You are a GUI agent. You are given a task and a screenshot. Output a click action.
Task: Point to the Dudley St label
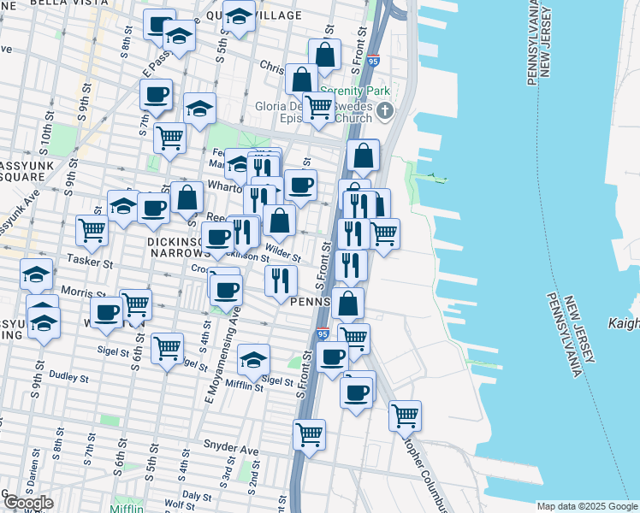(69, 375)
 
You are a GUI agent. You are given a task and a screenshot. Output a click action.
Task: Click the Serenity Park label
(354, 91)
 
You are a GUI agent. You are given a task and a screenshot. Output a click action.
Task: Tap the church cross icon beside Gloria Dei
(385, 109)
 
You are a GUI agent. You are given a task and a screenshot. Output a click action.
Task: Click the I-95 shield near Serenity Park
(372, 62)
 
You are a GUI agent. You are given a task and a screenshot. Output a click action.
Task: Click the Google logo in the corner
(27, 503)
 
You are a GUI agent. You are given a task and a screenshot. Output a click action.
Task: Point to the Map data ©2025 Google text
(587, 506)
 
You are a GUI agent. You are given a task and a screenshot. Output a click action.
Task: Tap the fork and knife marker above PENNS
(280, 279)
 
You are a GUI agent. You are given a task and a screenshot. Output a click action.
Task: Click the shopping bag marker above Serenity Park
(324, 54)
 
